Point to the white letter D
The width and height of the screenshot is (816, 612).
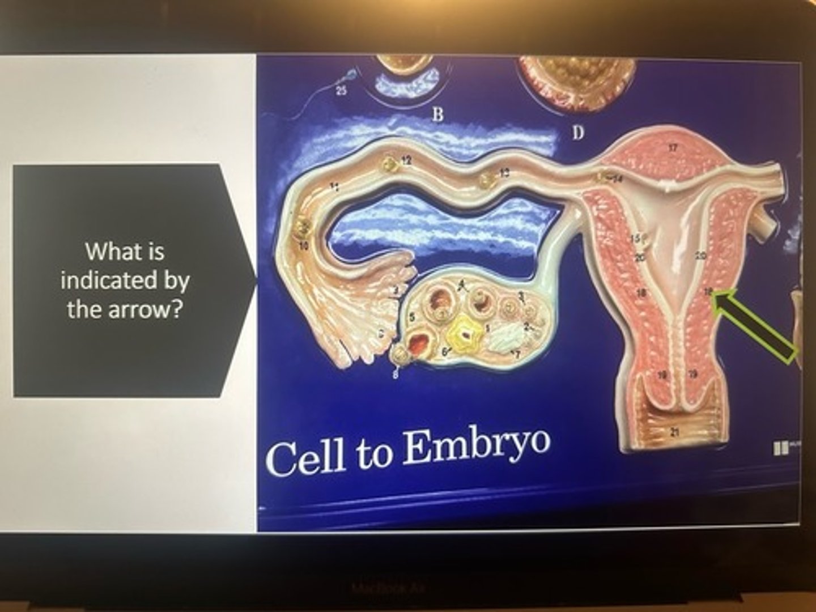point(577,134)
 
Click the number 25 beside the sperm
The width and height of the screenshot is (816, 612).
point(341,91)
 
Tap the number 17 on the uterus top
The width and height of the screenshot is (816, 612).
point(673,148)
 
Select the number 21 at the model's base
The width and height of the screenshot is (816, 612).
point(674,433)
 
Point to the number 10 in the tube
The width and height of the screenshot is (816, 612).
point(304,246)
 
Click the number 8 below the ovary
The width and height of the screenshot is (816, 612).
point(397,375)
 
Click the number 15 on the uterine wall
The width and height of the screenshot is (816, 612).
point(636,238)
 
